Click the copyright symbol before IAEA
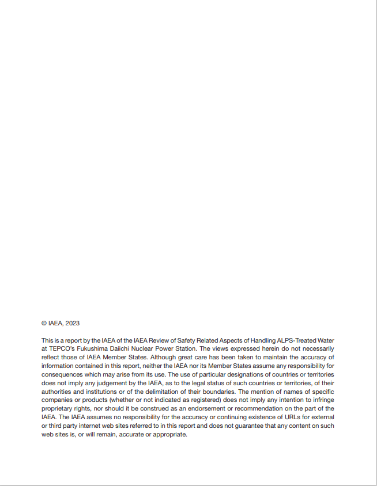(44, 324)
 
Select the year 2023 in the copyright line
(72, 324)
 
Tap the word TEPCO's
(65, 348)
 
